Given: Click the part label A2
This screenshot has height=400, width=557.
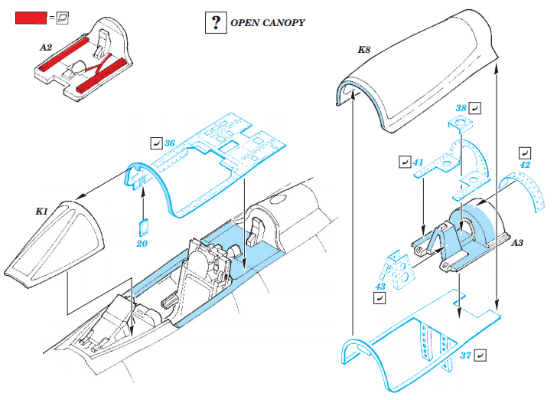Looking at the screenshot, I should pos(45,48).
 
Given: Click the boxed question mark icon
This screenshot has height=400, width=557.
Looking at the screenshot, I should pos(215,23).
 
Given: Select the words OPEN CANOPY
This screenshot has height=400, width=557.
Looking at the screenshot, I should pos(268,23).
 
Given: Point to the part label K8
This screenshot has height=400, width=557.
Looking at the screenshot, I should pos(364,50).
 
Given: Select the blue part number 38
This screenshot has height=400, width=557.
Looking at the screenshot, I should pos(461,108).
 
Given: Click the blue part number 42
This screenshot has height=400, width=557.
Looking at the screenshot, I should pos(525,164).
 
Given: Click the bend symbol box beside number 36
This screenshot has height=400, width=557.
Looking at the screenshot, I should pos(156,143).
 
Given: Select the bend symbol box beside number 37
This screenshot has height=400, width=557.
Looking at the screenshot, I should pos(480,355).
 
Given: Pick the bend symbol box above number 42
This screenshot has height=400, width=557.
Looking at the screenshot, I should pos(525,152).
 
